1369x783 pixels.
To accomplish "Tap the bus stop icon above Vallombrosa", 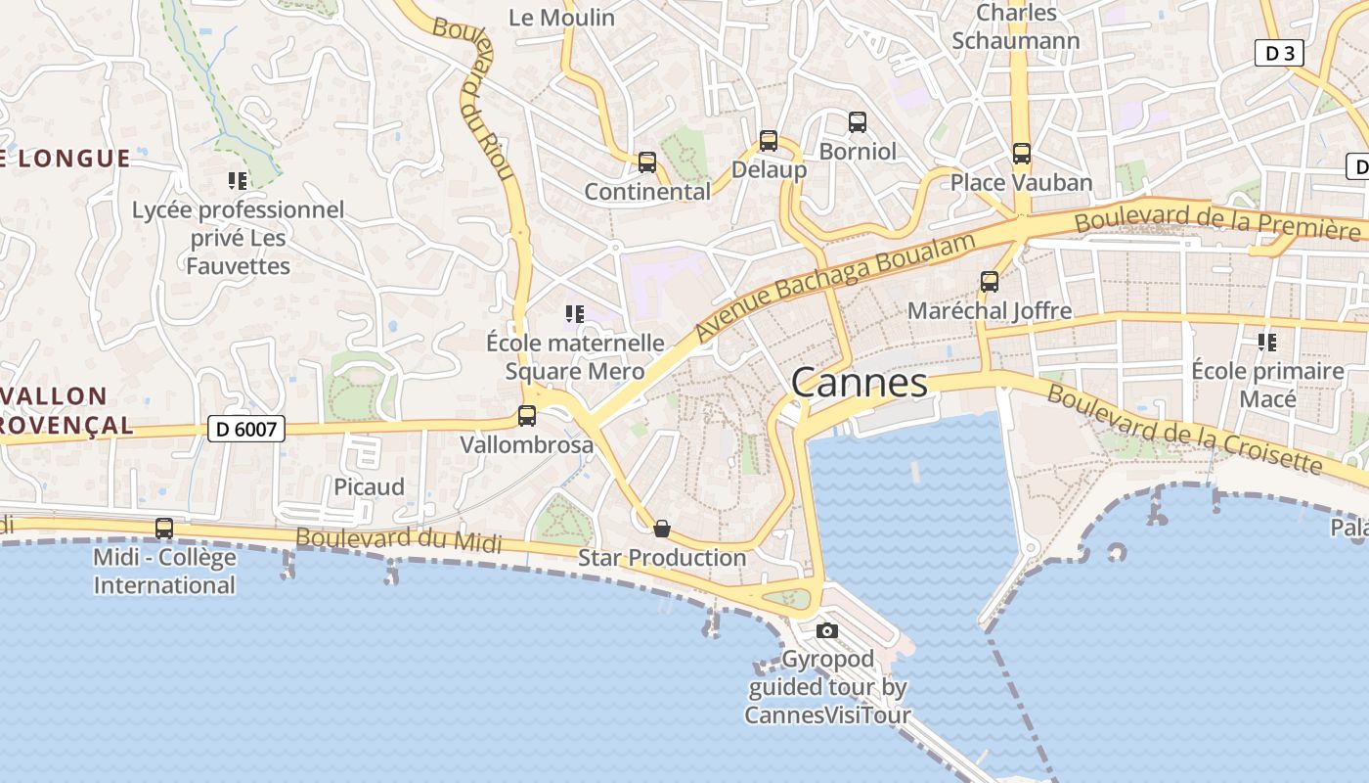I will pos(527,416).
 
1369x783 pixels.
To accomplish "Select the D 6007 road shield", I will pos(246,429).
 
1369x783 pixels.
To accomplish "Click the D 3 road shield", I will pos(1279,54).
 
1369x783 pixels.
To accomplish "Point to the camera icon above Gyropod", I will pos(827,630).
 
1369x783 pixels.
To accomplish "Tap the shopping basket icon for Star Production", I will pos(662,530).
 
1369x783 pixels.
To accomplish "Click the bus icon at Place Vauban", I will pos(1022,154).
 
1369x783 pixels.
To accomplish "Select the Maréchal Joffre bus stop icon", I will pos(990,282).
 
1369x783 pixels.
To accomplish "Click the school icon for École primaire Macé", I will pos(1267,343).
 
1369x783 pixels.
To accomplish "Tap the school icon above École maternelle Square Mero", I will pos(575,314).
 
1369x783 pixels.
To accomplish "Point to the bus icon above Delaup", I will pos(769,141).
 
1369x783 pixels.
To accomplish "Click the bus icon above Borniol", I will pos(858,122).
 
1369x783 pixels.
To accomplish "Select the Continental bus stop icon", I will pos(647,162).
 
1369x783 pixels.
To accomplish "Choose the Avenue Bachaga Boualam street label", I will pos(836,289).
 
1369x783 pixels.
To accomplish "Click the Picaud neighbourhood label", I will pos(369,486).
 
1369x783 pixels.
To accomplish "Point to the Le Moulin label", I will pos(562,18).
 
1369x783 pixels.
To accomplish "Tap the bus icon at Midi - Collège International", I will pos(164,529).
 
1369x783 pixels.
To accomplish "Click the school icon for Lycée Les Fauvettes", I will pos(238,180).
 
